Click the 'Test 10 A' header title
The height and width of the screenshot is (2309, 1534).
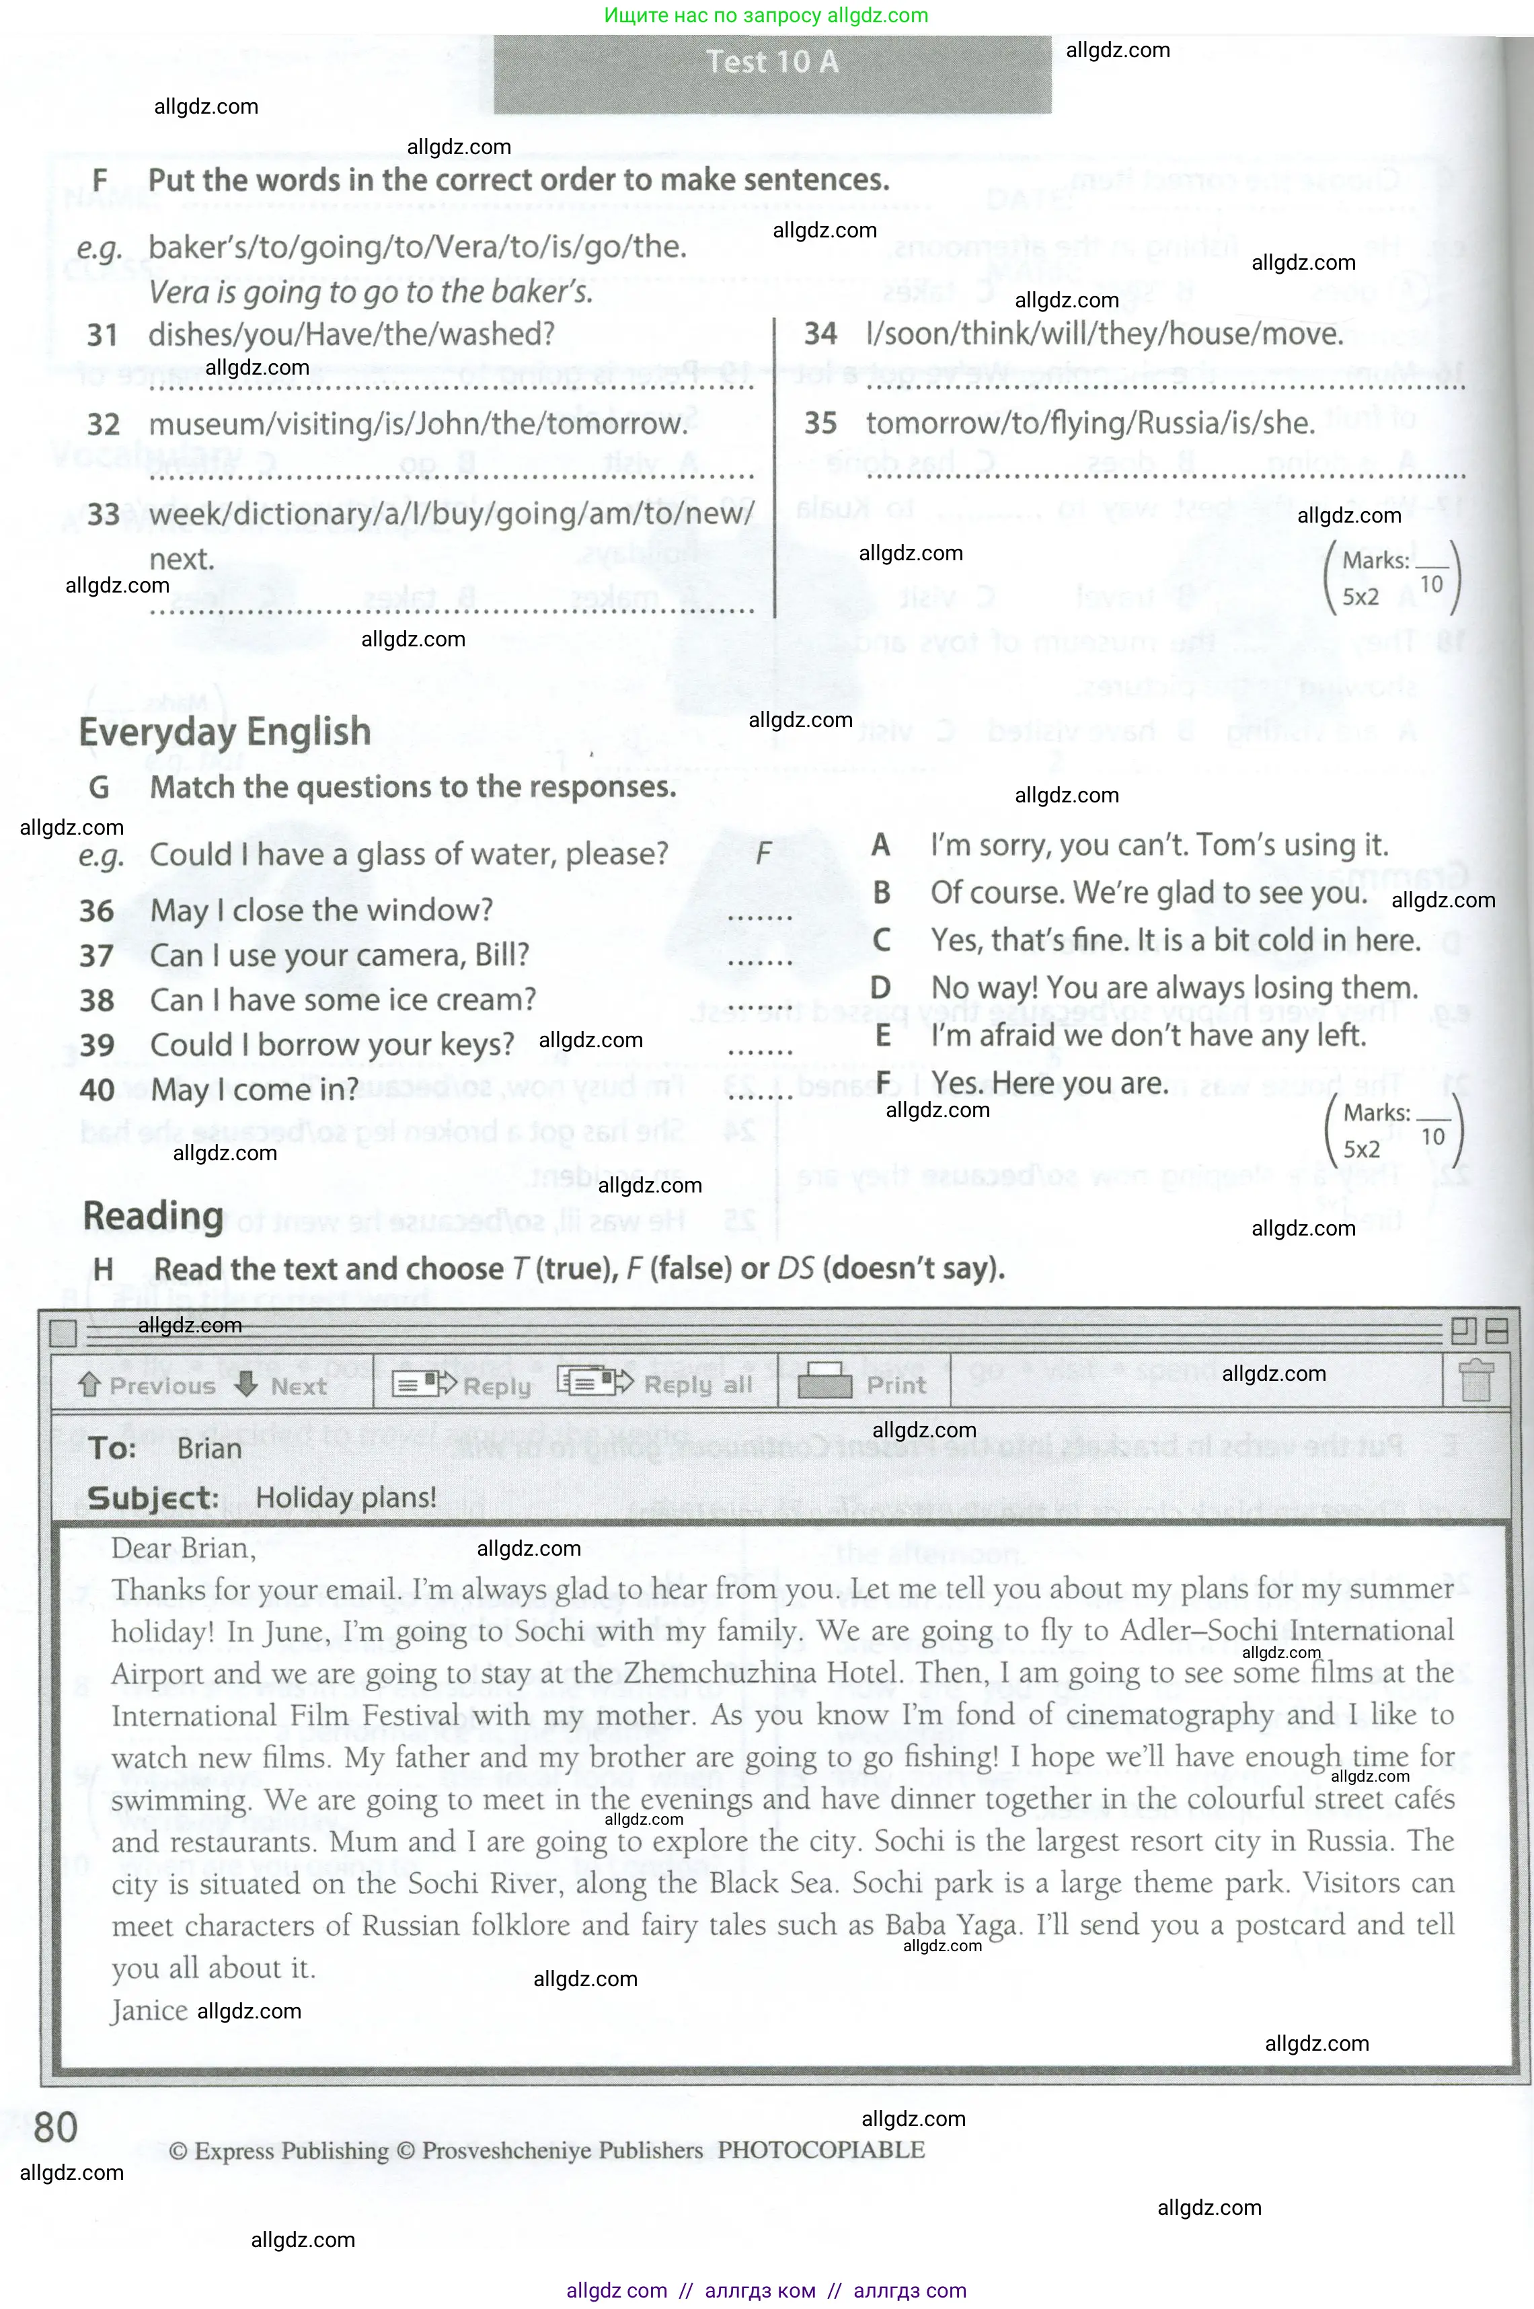772,63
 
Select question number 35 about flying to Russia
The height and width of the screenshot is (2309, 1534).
820,424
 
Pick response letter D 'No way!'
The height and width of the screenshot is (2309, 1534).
880,988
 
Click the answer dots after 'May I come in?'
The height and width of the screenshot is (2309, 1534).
759,1096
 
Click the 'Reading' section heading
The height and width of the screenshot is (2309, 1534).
153,1216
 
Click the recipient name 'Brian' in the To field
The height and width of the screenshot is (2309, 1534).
209,1449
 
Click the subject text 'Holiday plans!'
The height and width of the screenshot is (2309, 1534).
346,1498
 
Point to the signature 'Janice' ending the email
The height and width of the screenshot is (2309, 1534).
149,2010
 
